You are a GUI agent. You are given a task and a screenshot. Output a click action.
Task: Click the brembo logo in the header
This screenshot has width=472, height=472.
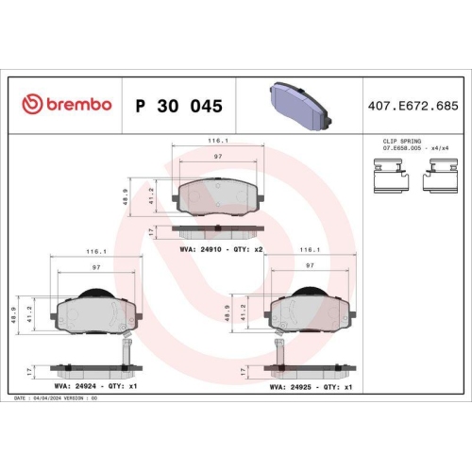[66, 105]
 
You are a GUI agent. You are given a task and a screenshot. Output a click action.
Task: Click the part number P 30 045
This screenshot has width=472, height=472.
[179, 106]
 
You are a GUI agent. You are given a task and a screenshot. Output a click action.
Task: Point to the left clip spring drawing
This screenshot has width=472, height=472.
[388, 175]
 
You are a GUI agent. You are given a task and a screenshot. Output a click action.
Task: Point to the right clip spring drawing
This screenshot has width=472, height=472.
[441, 175]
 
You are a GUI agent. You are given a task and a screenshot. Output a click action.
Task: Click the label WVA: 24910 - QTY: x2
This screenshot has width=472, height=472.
[219, 251]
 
